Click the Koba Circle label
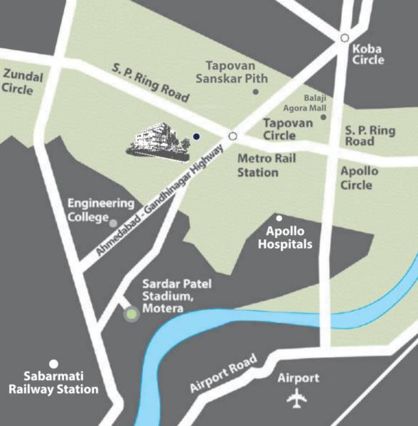(368, 55)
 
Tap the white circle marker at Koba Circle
(345, 38)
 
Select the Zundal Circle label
(22, 82)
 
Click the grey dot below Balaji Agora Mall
(323, 117)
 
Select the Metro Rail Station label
(258, 166)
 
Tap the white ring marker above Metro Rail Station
(232, 135)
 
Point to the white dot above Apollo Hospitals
(279, 218)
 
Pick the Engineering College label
(101, 209)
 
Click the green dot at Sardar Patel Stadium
(131, 314)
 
